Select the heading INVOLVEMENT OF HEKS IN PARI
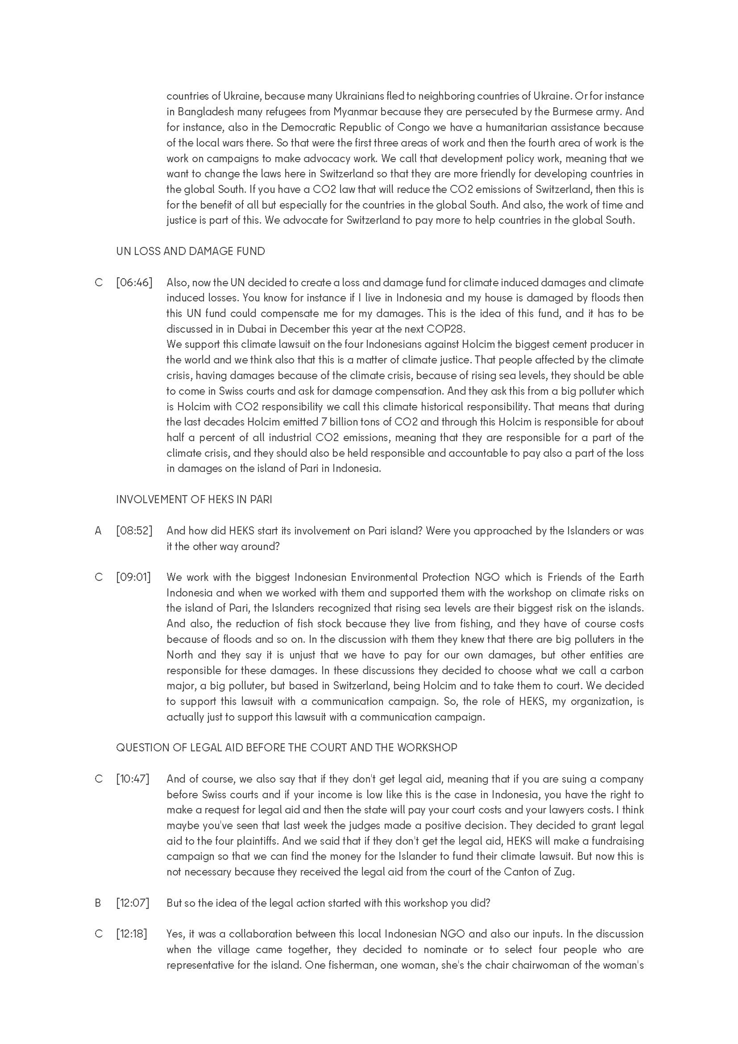pos(194,500)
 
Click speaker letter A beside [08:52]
pos(98,531)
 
